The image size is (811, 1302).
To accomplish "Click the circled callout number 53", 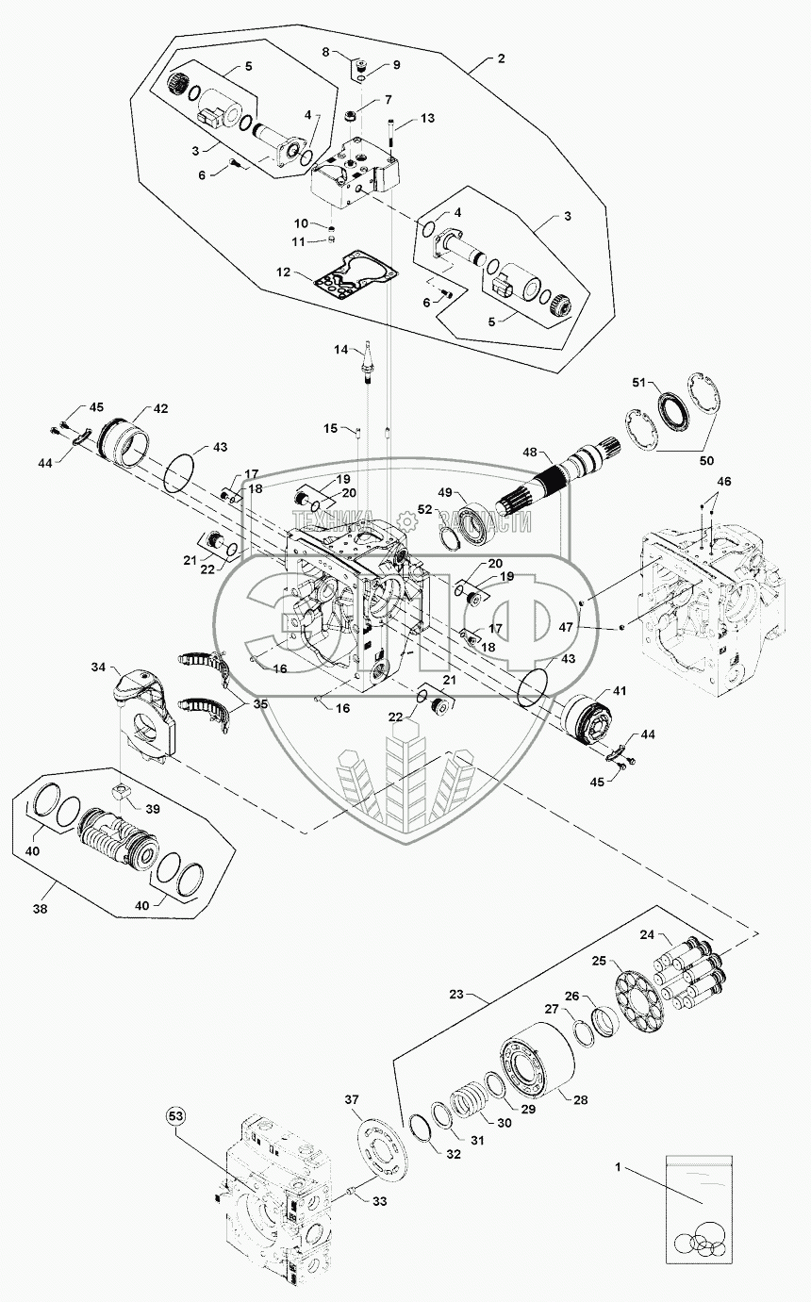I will pos(176,1116).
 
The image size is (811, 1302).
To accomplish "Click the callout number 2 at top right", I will pos(501,58).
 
